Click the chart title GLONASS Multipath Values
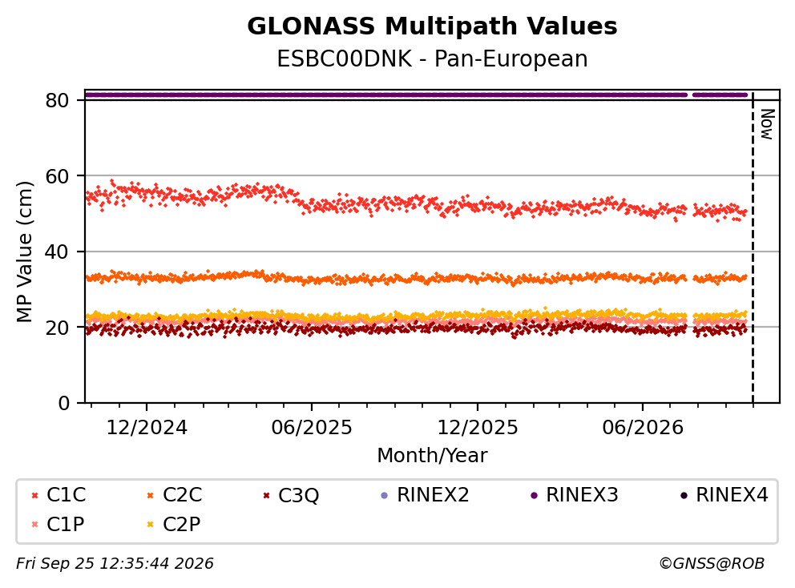432,26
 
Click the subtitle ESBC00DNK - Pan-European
432,58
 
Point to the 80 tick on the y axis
57,100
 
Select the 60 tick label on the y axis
57,176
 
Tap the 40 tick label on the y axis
57,252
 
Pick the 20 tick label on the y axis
57,328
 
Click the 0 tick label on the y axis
63,404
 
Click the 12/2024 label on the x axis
147,428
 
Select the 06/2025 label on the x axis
311,428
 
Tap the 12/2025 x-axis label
478,428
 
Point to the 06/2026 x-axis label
643,428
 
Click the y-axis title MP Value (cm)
24,252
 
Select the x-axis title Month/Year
432,455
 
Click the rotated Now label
768,124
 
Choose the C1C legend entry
59,495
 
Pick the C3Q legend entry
291,495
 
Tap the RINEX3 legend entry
574,495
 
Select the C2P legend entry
173,524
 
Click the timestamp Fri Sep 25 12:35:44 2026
115,564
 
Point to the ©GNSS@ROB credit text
712,564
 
